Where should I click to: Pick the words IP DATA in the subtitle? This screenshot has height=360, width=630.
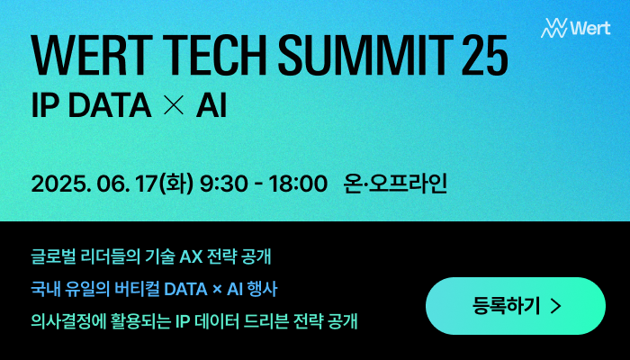pos(90,105)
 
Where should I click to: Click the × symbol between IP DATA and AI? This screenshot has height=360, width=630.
pos(175,106)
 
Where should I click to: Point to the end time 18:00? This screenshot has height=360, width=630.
pos(298,184)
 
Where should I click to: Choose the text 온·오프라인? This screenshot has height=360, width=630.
pos(395,184)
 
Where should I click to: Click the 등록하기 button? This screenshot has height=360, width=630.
pos(515,306)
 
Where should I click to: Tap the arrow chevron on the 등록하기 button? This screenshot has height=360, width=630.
pos(554,306)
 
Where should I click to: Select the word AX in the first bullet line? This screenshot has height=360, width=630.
pos(193,256)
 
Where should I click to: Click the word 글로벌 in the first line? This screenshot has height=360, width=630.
pos(51,256)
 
